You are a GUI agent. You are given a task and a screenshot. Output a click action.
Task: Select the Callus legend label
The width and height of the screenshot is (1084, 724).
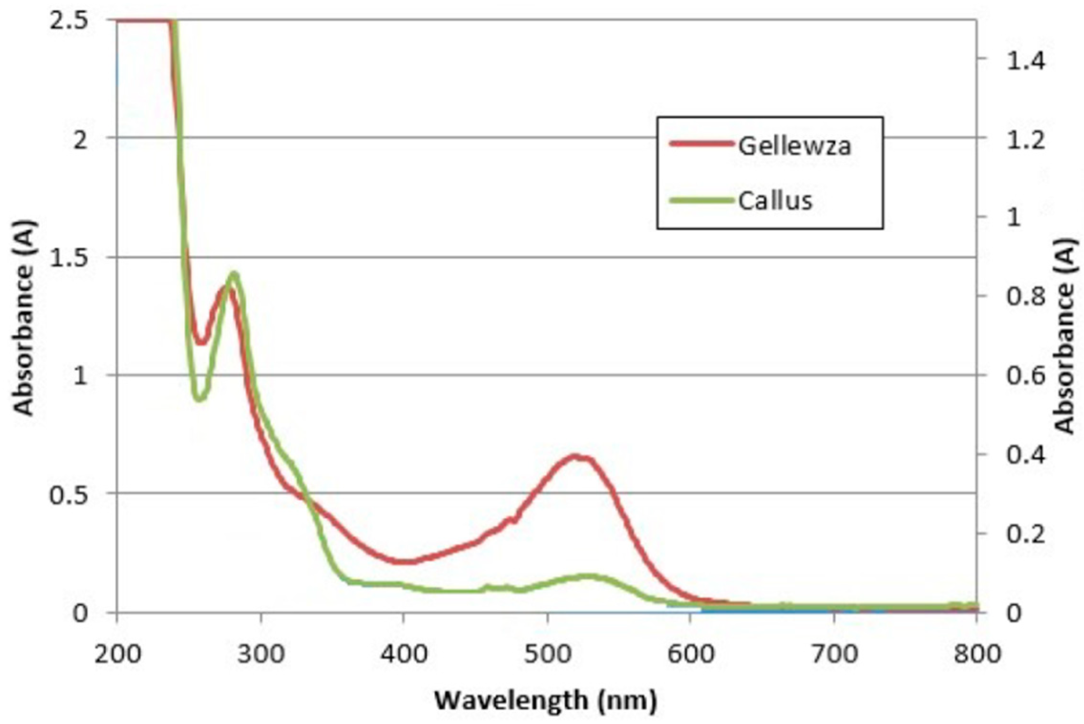click(775, 201)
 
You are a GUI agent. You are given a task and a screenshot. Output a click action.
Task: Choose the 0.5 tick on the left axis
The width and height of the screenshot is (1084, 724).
click(69, 495)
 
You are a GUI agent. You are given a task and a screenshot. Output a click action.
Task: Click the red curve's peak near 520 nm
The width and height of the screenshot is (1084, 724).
click(576, 457)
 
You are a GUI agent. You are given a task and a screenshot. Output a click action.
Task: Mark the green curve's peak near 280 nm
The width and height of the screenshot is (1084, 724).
click(234, 274)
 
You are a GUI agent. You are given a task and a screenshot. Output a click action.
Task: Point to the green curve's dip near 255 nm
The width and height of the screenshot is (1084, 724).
click(200, 398)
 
